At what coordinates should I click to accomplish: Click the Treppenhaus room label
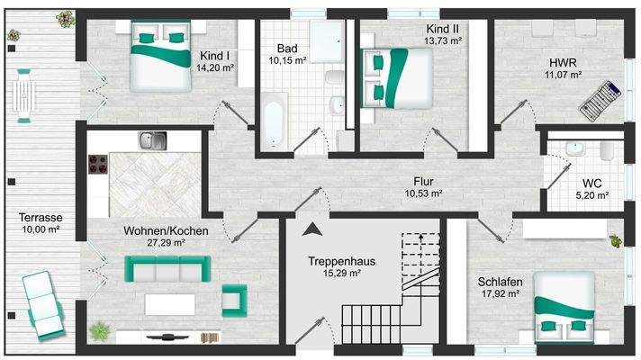(340, 261)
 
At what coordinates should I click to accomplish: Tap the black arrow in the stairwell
(312, 229)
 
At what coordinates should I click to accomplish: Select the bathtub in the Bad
(272, 125)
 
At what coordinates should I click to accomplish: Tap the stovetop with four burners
(98, 165)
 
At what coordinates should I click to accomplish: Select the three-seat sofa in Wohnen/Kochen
(167, 268)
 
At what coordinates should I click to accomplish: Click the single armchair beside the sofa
(234, 298)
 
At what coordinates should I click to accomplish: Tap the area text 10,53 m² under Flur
(423, 193)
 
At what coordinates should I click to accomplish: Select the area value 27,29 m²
(166, 242)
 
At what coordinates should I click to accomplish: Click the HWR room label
(564, 62)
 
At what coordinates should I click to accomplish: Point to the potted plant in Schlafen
(616, 240)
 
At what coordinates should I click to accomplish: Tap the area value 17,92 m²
(501, 292)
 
